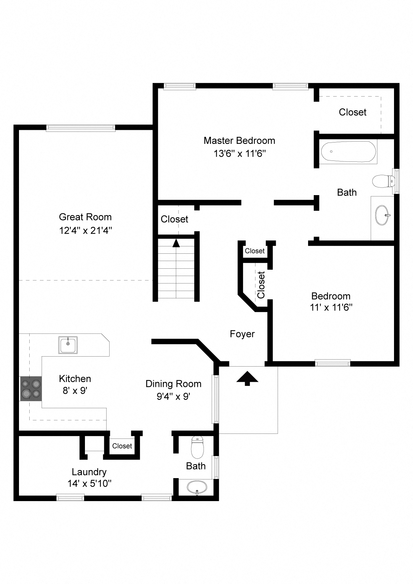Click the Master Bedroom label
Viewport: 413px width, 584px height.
(239, 141)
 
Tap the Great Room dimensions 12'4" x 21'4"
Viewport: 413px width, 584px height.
(85, 230)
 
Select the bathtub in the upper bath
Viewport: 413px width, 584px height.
(348, 152)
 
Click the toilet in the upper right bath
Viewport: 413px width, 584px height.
(383, 181)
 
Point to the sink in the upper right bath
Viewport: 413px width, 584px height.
(382, 215)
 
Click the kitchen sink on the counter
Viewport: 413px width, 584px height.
(68, 345)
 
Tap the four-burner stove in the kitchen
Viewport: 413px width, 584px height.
(31, 389)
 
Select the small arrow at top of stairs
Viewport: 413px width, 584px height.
(176, 243)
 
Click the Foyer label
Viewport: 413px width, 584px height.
(242, 334)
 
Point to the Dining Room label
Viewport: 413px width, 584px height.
(173, 384)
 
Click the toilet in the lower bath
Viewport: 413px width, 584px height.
(197, 447)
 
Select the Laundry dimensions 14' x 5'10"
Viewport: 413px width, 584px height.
(89, 483)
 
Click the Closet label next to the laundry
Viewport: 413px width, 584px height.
(122, 446)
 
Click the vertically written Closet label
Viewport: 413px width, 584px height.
(261, 285)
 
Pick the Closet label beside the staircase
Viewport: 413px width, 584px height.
(174, 219)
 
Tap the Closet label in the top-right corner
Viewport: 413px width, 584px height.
(352, 112)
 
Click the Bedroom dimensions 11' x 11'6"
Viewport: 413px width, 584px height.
(331, 307)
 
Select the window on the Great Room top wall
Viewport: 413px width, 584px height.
(81, 128)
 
